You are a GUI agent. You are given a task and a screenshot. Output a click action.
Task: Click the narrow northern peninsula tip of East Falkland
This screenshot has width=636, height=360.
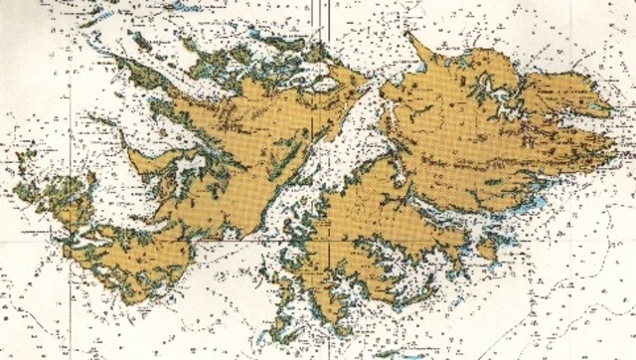click(x=415, y=44)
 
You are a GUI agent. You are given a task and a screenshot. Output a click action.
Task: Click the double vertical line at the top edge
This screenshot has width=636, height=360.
click(x=324, y=8)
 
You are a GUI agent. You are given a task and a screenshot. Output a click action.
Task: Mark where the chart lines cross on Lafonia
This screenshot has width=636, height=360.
click(x=329, y=240)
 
